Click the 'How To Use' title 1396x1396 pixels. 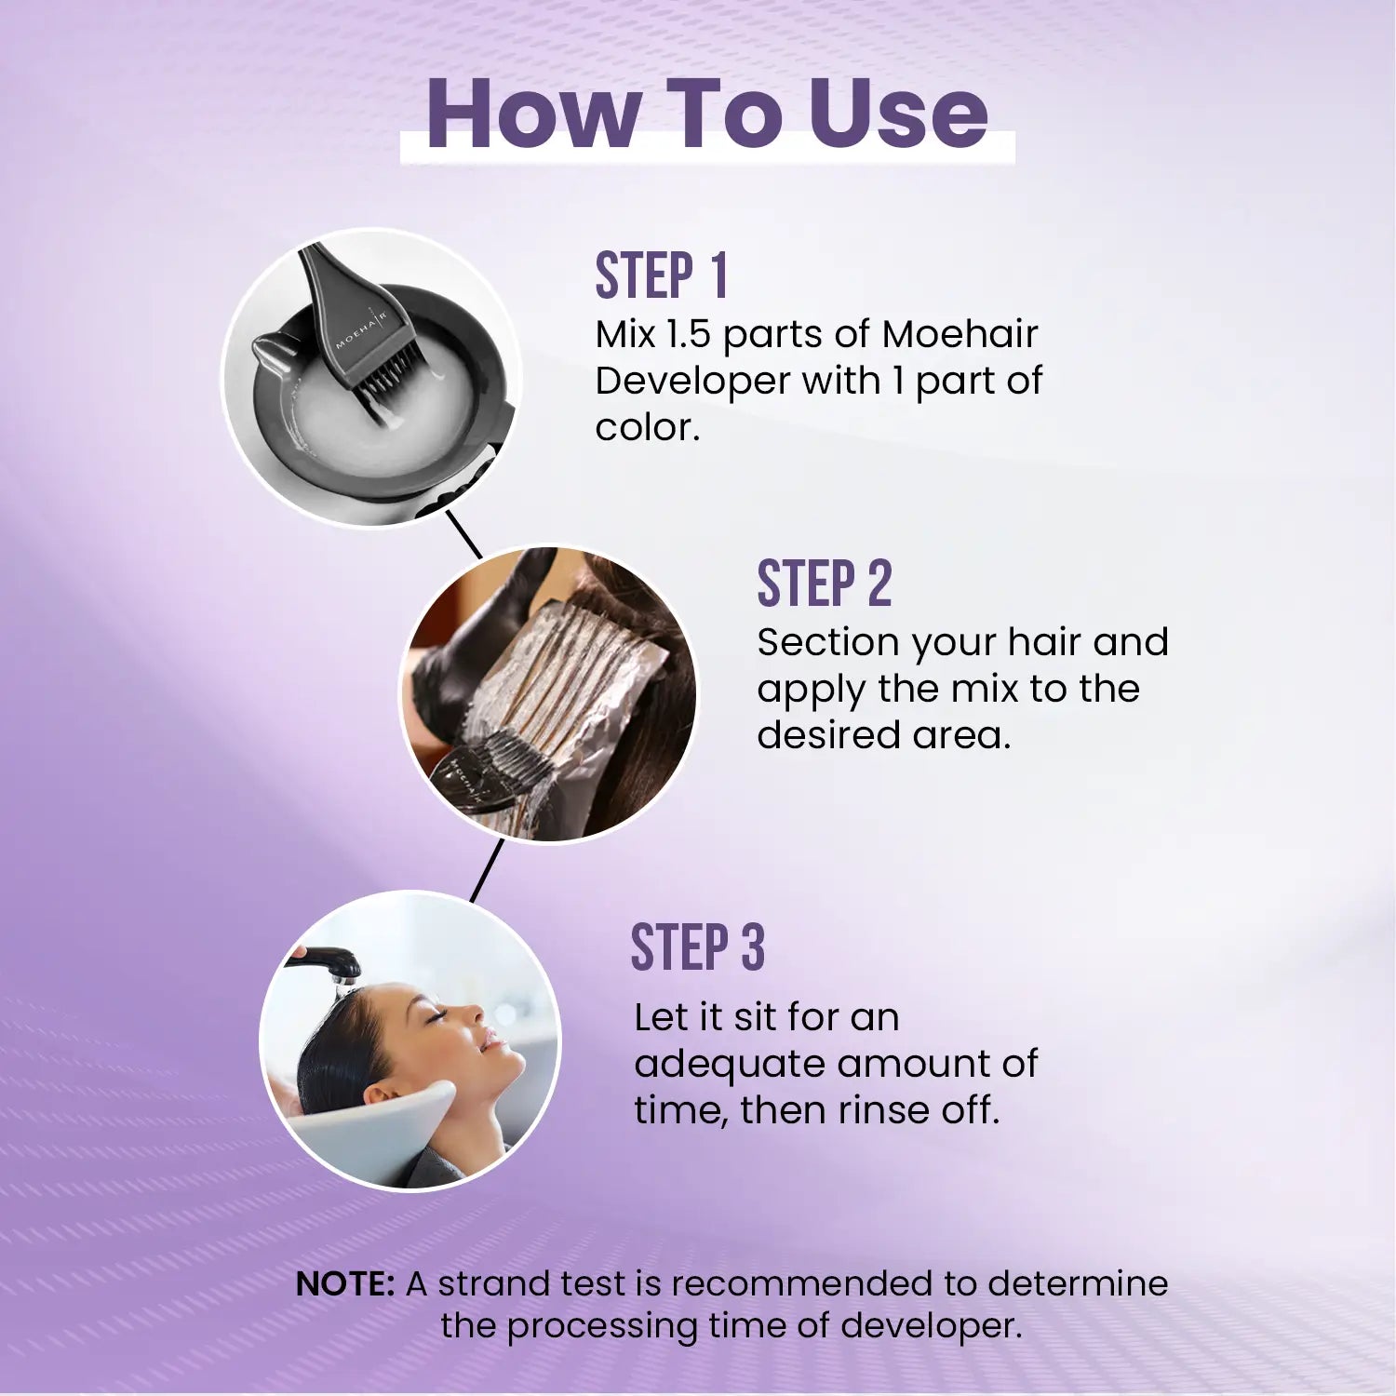[706, 114]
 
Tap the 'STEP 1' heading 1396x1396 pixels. [661, 275]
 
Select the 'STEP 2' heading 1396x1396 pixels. [824, 584]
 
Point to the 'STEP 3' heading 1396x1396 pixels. [697, 948]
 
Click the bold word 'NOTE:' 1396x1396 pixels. [345, 1284]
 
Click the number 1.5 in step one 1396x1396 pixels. [687, 335]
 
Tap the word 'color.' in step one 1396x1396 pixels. [647, 428]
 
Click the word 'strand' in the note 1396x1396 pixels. [484, 1284]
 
